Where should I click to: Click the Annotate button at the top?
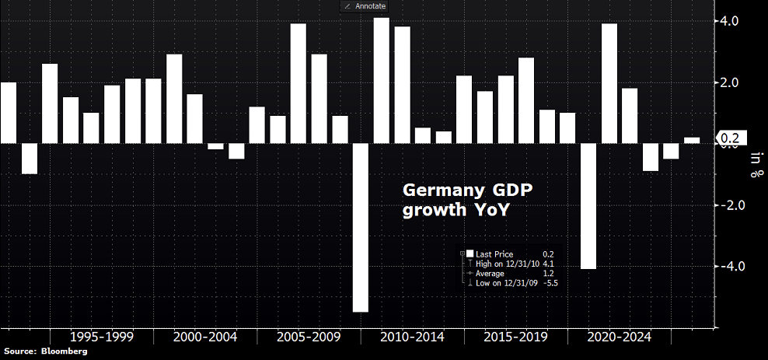(364, 6)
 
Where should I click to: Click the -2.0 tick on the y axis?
(733, 205)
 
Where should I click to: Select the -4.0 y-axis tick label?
(733, 267)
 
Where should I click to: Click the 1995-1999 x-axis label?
(101, 337)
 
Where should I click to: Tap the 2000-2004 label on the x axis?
(204, 337)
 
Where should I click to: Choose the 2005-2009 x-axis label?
(309, 337)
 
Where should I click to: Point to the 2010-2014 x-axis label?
(412, 337)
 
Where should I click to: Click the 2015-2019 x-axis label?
(515, 337)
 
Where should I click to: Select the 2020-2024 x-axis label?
(619, 337)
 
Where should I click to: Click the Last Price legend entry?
(494, 254)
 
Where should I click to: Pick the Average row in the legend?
(490, 274)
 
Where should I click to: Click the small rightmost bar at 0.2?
(692, 141)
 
